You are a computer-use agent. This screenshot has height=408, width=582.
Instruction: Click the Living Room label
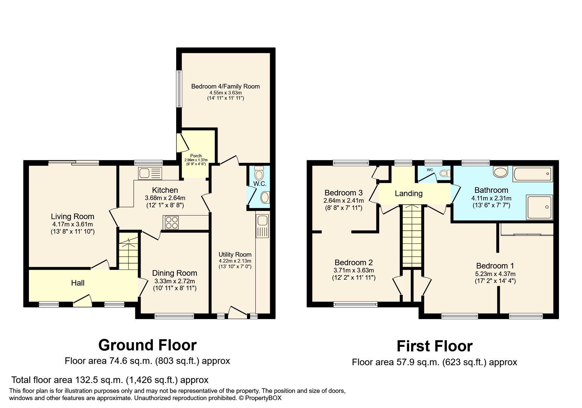(72, 217)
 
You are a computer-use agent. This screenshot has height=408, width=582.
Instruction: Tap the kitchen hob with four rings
(171, 222)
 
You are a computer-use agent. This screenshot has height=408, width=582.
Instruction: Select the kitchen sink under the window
(150, 173)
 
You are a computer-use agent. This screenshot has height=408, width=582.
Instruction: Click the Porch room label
(196, 156)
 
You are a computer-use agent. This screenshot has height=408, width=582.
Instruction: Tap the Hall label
(78, 283)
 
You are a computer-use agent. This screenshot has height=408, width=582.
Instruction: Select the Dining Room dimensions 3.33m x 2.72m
(175, 281)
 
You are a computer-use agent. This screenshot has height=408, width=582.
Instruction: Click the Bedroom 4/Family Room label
(225, 86)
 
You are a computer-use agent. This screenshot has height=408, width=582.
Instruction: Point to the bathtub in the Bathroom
(532, 173)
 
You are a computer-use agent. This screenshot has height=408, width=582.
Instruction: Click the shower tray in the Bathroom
(539, 207)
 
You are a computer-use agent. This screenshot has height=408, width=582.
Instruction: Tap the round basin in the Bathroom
(501, 172)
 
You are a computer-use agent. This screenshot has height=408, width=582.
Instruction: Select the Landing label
(408, 193)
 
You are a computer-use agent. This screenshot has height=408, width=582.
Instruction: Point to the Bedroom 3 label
(343, 192)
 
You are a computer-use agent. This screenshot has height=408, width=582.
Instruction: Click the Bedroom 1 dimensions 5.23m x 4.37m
(495, 274)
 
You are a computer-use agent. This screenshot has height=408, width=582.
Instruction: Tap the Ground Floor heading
(147, 345)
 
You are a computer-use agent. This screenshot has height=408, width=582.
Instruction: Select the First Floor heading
(434, 346)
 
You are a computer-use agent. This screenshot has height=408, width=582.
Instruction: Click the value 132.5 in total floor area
(85, 380)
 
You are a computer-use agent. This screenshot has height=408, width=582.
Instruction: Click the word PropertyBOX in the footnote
(263, 398)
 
